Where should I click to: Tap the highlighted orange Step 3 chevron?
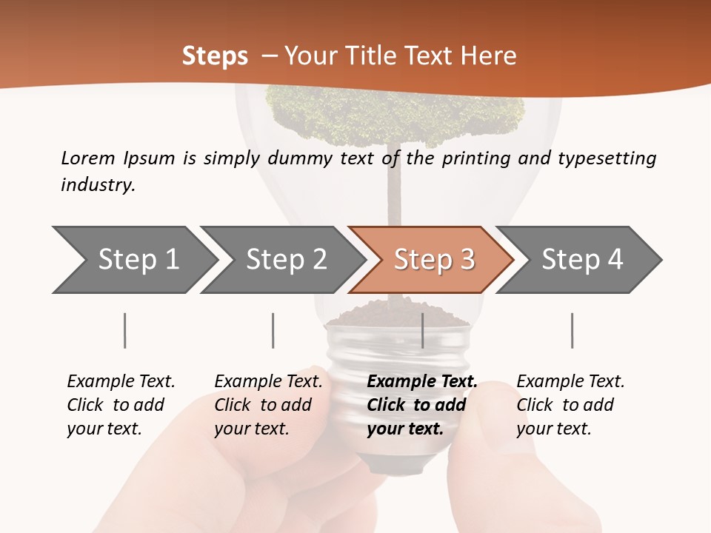(x=433, y=260)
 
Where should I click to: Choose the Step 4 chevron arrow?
(x=581, y=260)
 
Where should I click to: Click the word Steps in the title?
(x=215, y=56)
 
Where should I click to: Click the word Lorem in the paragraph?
(x=87, y=158)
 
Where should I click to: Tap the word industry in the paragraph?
(x=98, y=185)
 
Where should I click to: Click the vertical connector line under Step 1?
(x=124, y=330)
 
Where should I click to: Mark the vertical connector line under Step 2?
(x=273, y=330)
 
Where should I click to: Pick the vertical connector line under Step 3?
(x=422, y=330)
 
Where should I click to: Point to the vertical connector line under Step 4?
(x=572, y=330)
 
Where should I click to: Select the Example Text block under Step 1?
(x=121, y=405)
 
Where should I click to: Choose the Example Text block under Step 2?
(x=268, y=405)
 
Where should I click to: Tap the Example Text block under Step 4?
(x=570, y=405)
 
